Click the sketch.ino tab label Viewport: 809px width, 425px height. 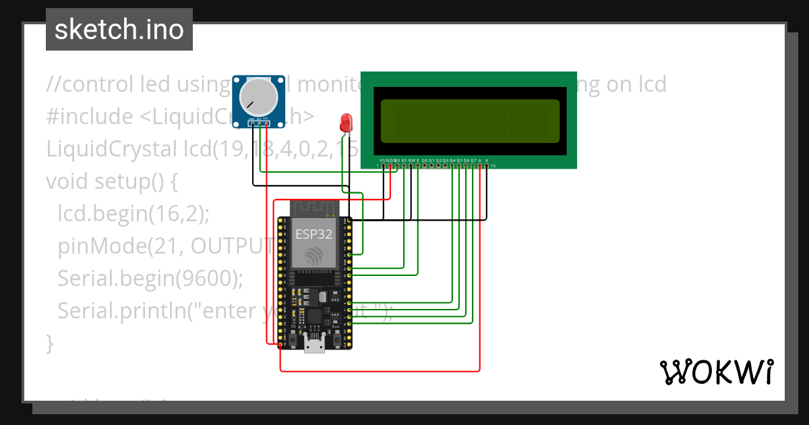[119, 30]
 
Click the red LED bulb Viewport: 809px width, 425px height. [347, 123]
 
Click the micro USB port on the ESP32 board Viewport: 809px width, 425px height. [313, 345]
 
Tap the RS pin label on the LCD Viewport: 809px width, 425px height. [404, 160]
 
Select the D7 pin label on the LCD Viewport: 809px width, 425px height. [473, 160]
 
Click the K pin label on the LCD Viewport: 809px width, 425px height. [487, 160]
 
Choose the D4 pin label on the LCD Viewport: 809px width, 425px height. [452, 160]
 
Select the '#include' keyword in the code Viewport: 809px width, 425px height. [90, 117]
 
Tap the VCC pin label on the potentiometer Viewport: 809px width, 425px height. [267, 119]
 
